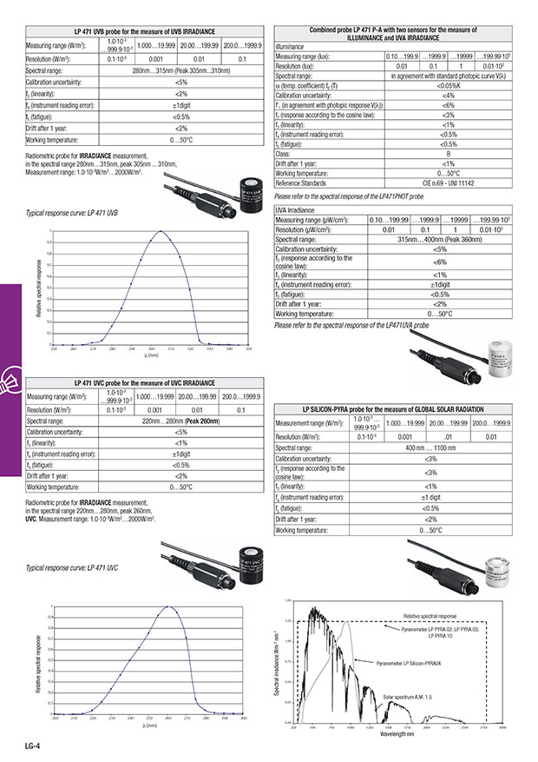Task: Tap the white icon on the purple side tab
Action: click(14, 377)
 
